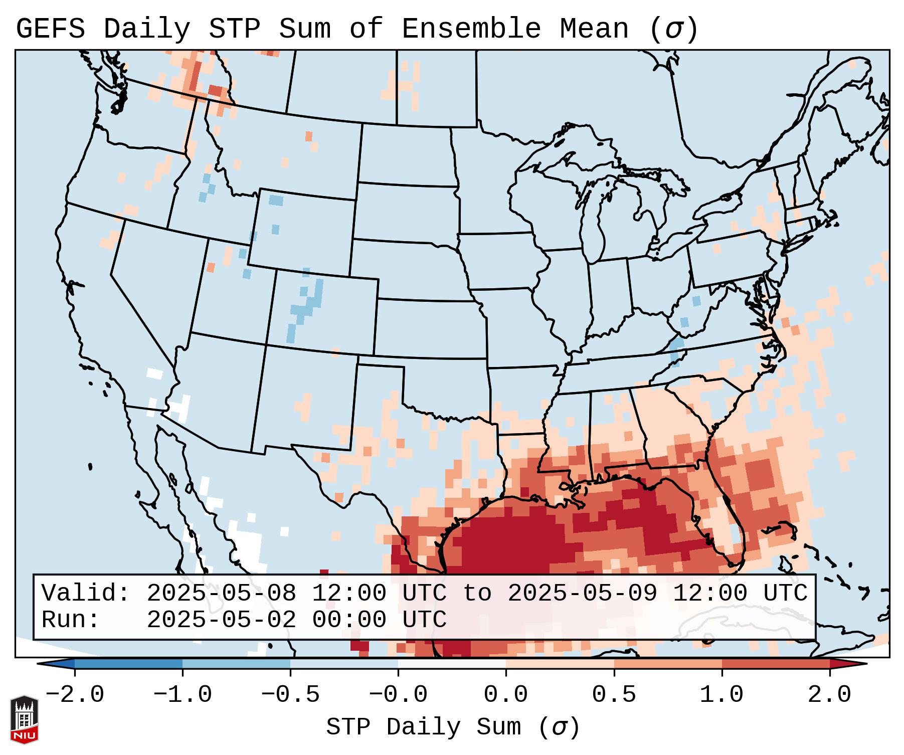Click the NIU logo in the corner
click(x=24, y=719)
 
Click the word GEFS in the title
click(x=50, y=29)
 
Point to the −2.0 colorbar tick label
click(x=75, y=695)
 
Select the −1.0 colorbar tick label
click(x=183, y=695)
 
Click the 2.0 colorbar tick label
click(x=830, y=695)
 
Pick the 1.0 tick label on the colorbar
click(x=721, y=695)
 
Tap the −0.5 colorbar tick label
click(x=290, y=695)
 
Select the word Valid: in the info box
click(x=86, y=593)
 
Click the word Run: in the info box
click(x=71, y=620)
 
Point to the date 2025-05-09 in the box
click(x=582, y=593)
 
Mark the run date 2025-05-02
click(x=221, y=620)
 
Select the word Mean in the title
click(x=594, y=29)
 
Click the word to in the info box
click(x=477, y=593)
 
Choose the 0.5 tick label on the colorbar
click(x=614, y=695)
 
